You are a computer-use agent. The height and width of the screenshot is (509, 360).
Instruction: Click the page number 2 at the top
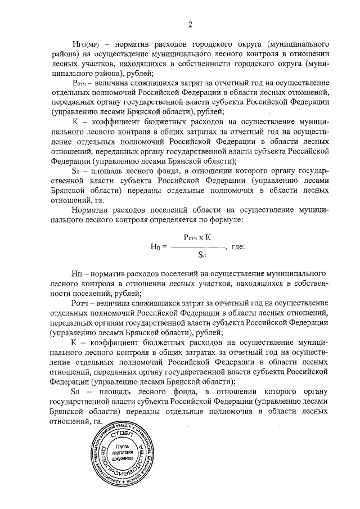(190, 24)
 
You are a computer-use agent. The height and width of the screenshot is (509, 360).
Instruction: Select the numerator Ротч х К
(197, 238)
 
